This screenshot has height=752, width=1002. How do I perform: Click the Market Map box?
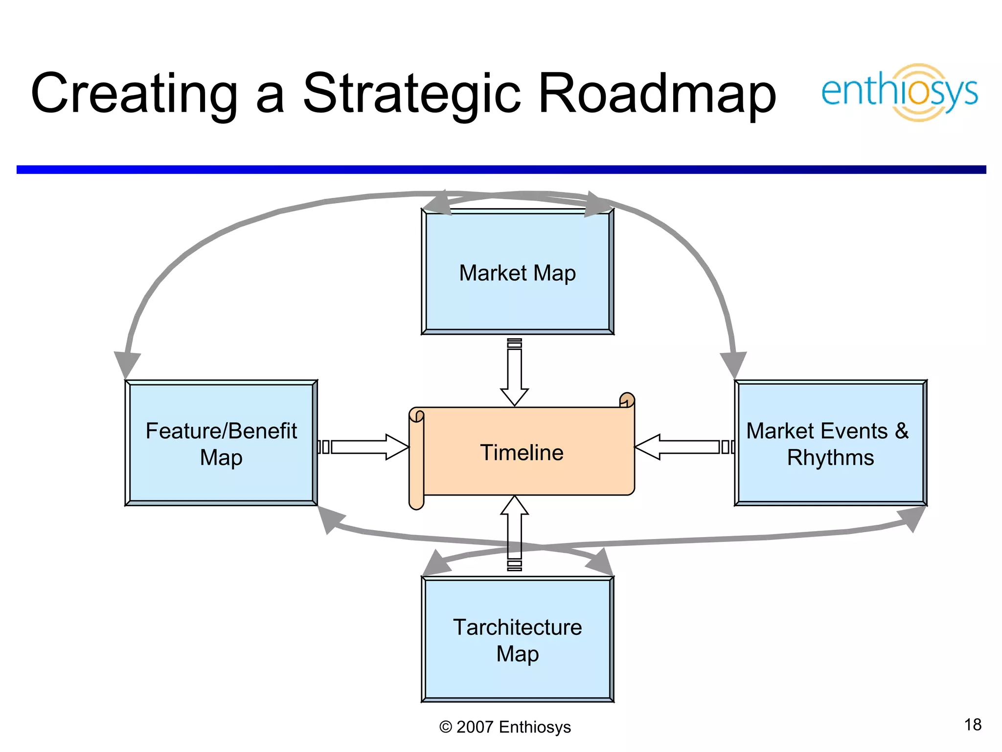(x=517, y=272)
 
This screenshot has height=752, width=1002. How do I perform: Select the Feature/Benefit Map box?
(x=221, y=443)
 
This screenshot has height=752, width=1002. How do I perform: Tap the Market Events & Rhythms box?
(x=830, y=443)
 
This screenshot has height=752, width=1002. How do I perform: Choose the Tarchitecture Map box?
(x=517, y=639)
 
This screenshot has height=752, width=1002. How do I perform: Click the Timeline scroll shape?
(x=522, y=452)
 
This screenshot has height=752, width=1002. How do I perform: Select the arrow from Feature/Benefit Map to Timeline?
(x=365, y=447)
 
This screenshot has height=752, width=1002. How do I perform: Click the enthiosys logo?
(x=899, y=92)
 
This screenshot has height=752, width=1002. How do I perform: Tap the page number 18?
(x=973, y=725)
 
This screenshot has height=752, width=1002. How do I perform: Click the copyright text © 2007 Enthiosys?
(x=505, y=727)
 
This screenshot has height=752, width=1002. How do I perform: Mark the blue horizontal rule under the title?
(x=501, y=169)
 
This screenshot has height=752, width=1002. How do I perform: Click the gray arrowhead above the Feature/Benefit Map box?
(x=127, y=363)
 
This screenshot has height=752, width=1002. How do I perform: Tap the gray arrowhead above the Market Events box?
(x=733, y=363)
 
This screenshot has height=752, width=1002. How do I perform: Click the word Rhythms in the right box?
(x=830, y=458)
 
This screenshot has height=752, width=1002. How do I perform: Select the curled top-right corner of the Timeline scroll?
(x=627, y=400)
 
